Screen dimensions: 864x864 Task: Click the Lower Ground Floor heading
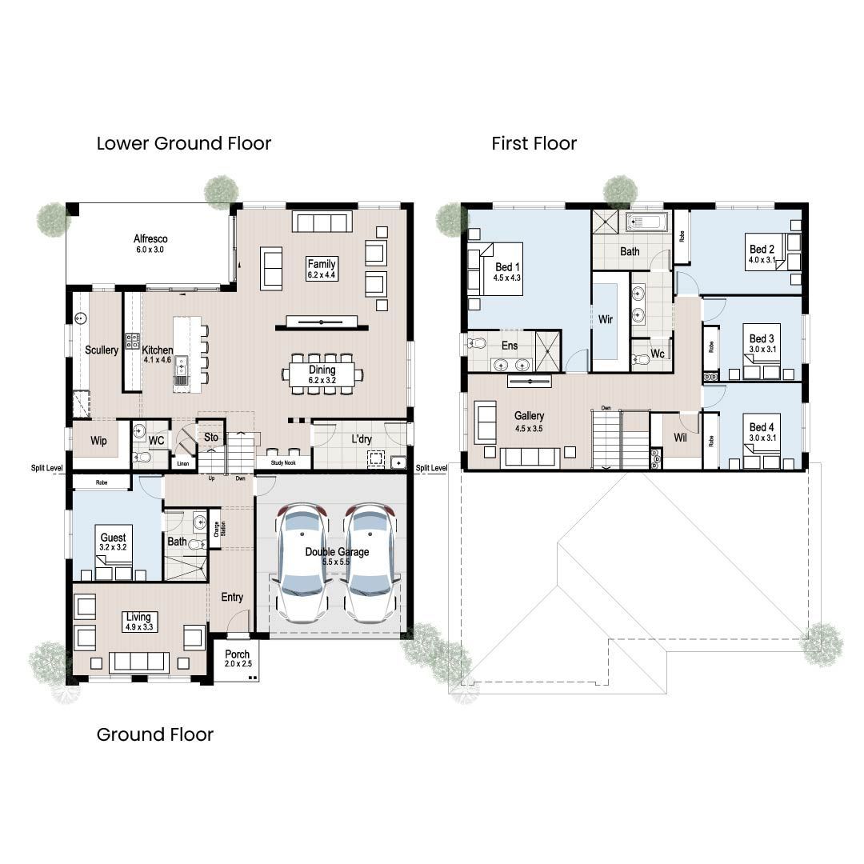[x=184, y=144]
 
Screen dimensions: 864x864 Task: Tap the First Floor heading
[x=534, y=144]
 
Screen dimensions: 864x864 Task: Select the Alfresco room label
[x=150, y=238]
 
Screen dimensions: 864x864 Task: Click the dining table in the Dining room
[x=322, y=374]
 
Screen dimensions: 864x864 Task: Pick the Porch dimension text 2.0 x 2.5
[x=238, y=664]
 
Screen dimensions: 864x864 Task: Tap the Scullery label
[x=102, y=350]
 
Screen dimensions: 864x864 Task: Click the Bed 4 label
[x=762, y=427]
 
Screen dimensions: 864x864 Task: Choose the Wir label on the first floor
[x=606, y=319]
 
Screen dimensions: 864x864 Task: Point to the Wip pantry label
[x=98, y=441]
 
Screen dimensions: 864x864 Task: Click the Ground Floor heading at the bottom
[x=155, y=734]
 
